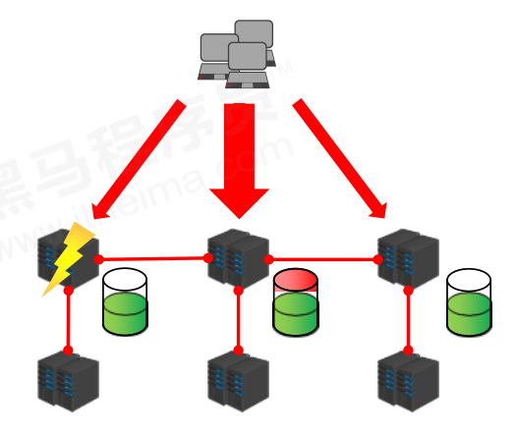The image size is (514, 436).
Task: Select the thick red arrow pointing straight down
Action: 239,157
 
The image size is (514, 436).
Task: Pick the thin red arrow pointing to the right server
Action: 339,157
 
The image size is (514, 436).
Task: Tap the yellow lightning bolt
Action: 68,258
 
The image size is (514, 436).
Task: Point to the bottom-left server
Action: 68,383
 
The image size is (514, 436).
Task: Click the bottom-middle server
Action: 238,384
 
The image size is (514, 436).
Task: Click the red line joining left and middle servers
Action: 152,259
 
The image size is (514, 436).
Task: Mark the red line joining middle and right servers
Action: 324,259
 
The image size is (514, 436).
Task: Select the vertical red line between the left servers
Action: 69,320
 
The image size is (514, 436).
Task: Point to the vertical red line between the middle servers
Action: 238,320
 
